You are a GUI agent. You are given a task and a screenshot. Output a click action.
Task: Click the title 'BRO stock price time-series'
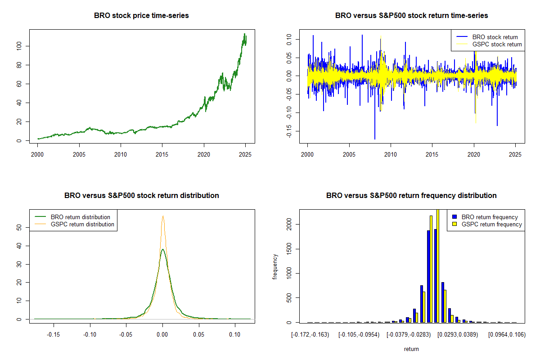[x=141, y=16]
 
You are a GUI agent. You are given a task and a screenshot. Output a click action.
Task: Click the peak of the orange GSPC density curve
[x=163, y=216]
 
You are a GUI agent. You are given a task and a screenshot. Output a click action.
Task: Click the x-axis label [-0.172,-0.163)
[x=311, y=335]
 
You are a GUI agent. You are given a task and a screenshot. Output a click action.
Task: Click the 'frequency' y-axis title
[x=275, y=267]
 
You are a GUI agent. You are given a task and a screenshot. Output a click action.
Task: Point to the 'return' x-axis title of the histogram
[x=411, y=349]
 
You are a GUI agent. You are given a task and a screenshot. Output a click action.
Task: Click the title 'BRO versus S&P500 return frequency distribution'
[x=411, y=196]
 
